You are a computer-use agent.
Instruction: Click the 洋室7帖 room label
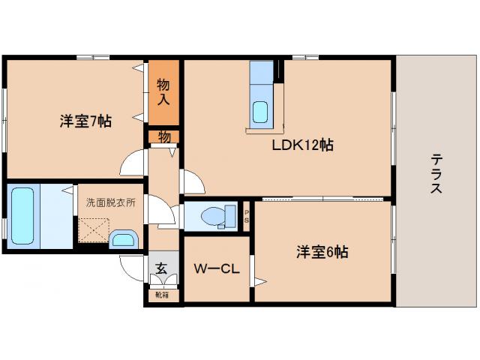point(86,120)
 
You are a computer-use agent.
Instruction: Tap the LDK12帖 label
point(302,145)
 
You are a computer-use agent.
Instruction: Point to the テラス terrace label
point(436,173)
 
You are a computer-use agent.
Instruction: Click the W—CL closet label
point(217,268)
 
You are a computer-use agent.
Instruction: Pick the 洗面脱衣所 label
point(110,202)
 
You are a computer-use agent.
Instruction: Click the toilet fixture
point(217,216)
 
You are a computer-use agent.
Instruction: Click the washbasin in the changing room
point(122,240)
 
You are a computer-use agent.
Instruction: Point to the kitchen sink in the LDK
point(260,111)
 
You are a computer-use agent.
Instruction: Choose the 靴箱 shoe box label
point(162,295)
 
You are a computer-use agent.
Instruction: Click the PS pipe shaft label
point(247,216)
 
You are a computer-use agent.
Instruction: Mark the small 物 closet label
point(164,136)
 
